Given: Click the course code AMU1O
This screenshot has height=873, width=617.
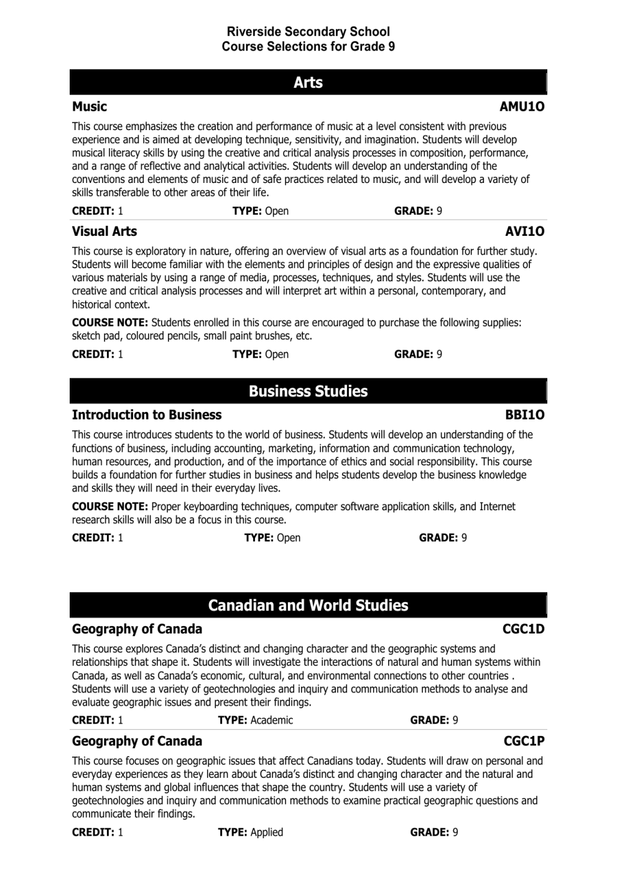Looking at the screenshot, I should coord(521,106).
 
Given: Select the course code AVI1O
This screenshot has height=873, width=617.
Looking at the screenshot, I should coord(524,231).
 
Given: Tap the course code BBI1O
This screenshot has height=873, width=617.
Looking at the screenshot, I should coord(524,415).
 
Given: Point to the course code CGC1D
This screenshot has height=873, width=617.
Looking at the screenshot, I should coord(523,629).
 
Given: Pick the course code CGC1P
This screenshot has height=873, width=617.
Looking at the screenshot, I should coord(524,741).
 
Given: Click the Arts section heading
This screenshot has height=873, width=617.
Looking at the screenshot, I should coord(308,82).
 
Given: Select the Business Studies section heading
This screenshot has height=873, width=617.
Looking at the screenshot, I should coord(308,391).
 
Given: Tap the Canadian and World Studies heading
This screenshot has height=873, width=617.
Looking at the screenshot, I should coord(308,605).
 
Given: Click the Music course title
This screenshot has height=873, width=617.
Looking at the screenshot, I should coord(90,106).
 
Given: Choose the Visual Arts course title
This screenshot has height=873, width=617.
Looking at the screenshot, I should coord(104,231).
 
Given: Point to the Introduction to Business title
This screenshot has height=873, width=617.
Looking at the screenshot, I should coord(147,415).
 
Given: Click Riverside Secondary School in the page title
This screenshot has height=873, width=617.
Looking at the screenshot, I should coord(308,32).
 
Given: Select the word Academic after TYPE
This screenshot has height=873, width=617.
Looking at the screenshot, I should coord(271,720).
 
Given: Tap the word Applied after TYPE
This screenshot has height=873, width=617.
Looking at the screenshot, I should coord(266,832).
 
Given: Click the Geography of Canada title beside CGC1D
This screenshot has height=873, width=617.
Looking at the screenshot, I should coord(137,629).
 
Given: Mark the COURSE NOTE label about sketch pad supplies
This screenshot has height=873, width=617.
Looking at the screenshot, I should coord(109,322).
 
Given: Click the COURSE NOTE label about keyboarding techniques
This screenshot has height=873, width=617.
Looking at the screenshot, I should coord(109,507).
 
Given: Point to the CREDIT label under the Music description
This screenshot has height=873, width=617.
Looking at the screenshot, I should coord(93,211).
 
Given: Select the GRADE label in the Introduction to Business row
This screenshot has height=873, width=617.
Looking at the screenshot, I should coord(438,538).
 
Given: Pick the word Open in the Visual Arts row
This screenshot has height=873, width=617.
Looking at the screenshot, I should coord(277,354).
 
